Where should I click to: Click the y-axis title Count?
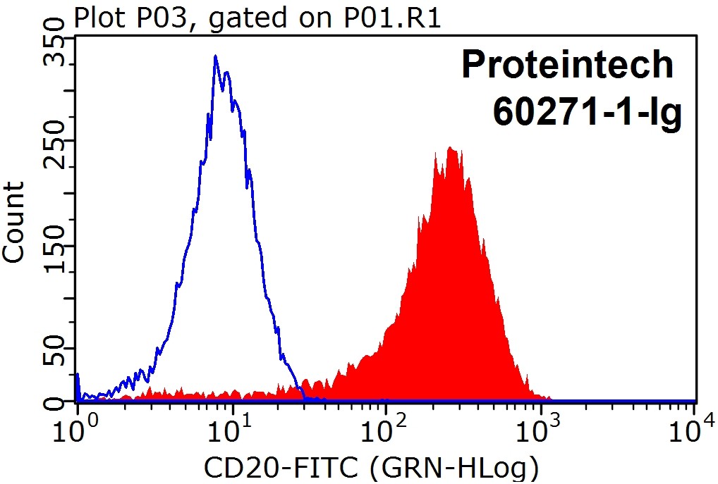[x=16, y=222]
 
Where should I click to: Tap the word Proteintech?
[x=568, y=66]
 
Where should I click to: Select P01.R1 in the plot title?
[x=398, y=18]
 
